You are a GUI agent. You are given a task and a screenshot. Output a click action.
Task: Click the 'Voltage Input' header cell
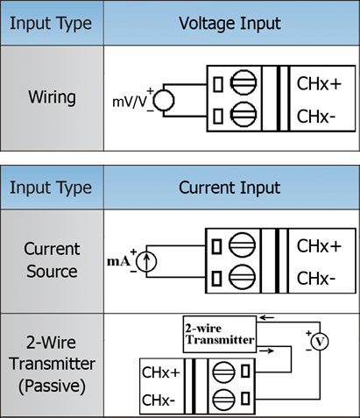[230, 24]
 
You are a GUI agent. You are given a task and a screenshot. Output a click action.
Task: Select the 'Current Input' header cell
[230, 188]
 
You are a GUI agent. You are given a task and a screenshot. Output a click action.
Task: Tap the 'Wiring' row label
[52, 97]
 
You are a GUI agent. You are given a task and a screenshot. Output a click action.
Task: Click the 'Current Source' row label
[52, 260]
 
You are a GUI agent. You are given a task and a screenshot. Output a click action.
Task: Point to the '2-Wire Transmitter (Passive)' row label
[52, 364]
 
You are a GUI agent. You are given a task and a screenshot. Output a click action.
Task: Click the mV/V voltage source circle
[164, 90]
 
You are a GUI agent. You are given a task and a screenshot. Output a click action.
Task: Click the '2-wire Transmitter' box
[220, 334]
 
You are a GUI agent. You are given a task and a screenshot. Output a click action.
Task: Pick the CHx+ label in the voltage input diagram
[319, 84]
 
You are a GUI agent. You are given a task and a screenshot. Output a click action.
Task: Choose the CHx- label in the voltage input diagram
[316, 117]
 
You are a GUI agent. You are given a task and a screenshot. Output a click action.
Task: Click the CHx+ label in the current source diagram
[319, 246]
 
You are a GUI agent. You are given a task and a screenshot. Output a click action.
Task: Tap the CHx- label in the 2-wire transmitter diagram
[159, 400]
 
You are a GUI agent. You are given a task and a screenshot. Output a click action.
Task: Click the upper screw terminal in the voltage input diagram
[244, 82]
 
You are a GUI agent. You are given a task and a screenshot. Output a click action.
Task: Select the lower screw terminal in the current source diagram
[242, 277]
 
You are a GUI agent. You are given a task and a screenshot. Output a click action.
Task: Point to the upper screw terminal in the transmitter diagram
[223, 372]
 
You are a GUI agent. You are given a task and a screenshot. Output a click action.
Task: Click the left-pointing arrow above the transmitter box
[266, 317]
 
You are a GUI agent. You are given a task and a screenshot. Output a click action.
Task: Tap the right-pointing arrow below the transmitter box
[266, 351]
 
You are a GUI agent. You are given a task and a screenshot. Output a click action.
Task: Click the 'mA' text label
[118, 261]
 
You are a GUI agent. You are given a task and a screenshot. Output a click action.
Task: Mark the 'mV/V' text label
[130, 102]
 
